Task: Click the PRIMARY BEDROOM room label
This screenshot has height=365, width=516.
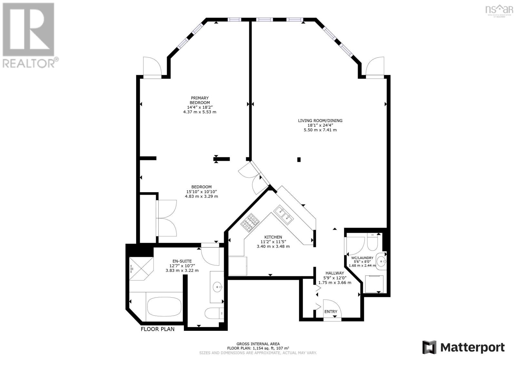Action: [200, 100]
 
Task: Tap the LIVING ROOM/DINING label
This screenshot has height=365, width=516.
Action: [320, 121]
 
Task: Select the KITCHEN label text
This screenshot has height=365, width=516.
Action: [273, 237]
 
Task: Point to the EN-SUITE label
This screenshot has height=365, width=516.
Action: [182, 261]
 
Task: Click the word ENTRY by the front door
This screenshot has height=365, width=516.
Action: [331, 311]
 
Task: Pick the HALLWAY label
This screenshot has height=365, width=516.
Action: [334, 273]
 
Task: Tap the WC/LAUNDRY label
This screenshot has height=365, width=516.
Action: [362, 258]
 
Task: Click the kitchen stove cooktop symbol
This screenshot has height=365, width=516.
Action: [250, 223]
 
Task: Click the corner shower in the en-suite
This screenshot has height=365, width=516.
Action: [139, 268]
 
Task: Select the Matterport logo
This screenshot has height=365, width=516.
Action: [463, 347]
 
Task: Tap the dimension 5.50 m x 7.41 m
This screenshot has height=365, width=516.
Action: [320, 130]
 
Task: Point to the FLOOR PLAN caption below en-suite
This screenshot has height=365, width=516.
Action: [157, 329]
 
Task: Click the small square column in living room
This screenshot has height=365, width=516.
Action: [299, 159]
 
